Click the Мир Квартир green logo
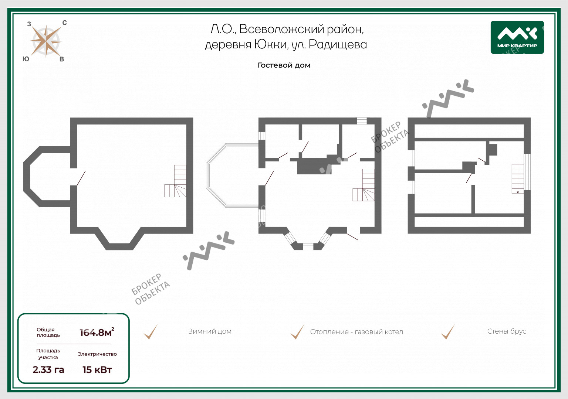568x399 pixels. point(517,37)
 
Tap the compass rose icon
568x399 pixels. point(46,41)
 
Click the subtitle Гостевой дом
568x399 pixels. point(284,65)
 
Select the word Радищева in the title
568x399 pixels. point(338,45)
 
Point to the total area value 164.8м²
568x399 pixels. point(97,332)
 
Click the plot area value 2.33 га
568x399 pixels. point(48,369)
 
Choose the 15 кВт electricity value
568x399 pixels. point(97,369)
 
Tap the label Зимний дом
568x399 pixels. point(210,331)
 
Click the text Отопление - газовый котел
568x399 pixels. point(356,332)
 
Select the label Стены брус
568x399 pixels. point(507,331)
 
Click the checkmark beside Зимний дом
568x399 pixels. point(151,332)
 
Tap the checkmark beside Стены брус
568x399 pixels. point(448,332)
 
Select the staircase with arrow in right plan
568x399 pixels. point(518,179)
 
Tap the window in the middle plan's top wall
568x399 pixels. point(362,121)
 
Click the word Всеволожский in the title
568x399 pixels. point(281,30)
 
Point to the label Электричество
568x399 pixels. point(97,354)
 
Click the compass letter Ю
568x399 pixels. point(26,59)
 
